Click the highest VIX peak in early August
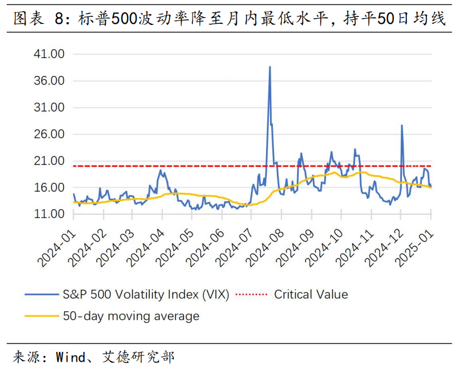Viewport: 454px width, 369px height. tap(269, 67)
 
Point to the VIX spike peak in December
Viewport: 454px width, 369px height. tap(402, 125)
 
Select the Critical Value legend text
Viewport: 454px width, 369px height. tap(311, 294)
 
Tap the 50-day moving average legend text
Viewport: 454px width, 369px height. tap(131, 316)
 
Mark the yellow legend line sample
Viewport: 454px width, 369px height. tap(41, 316)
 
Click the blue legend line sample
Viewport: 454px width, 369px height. tap(41, 295)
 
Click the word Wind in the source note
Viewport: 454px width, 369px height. tap(70, 357)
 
